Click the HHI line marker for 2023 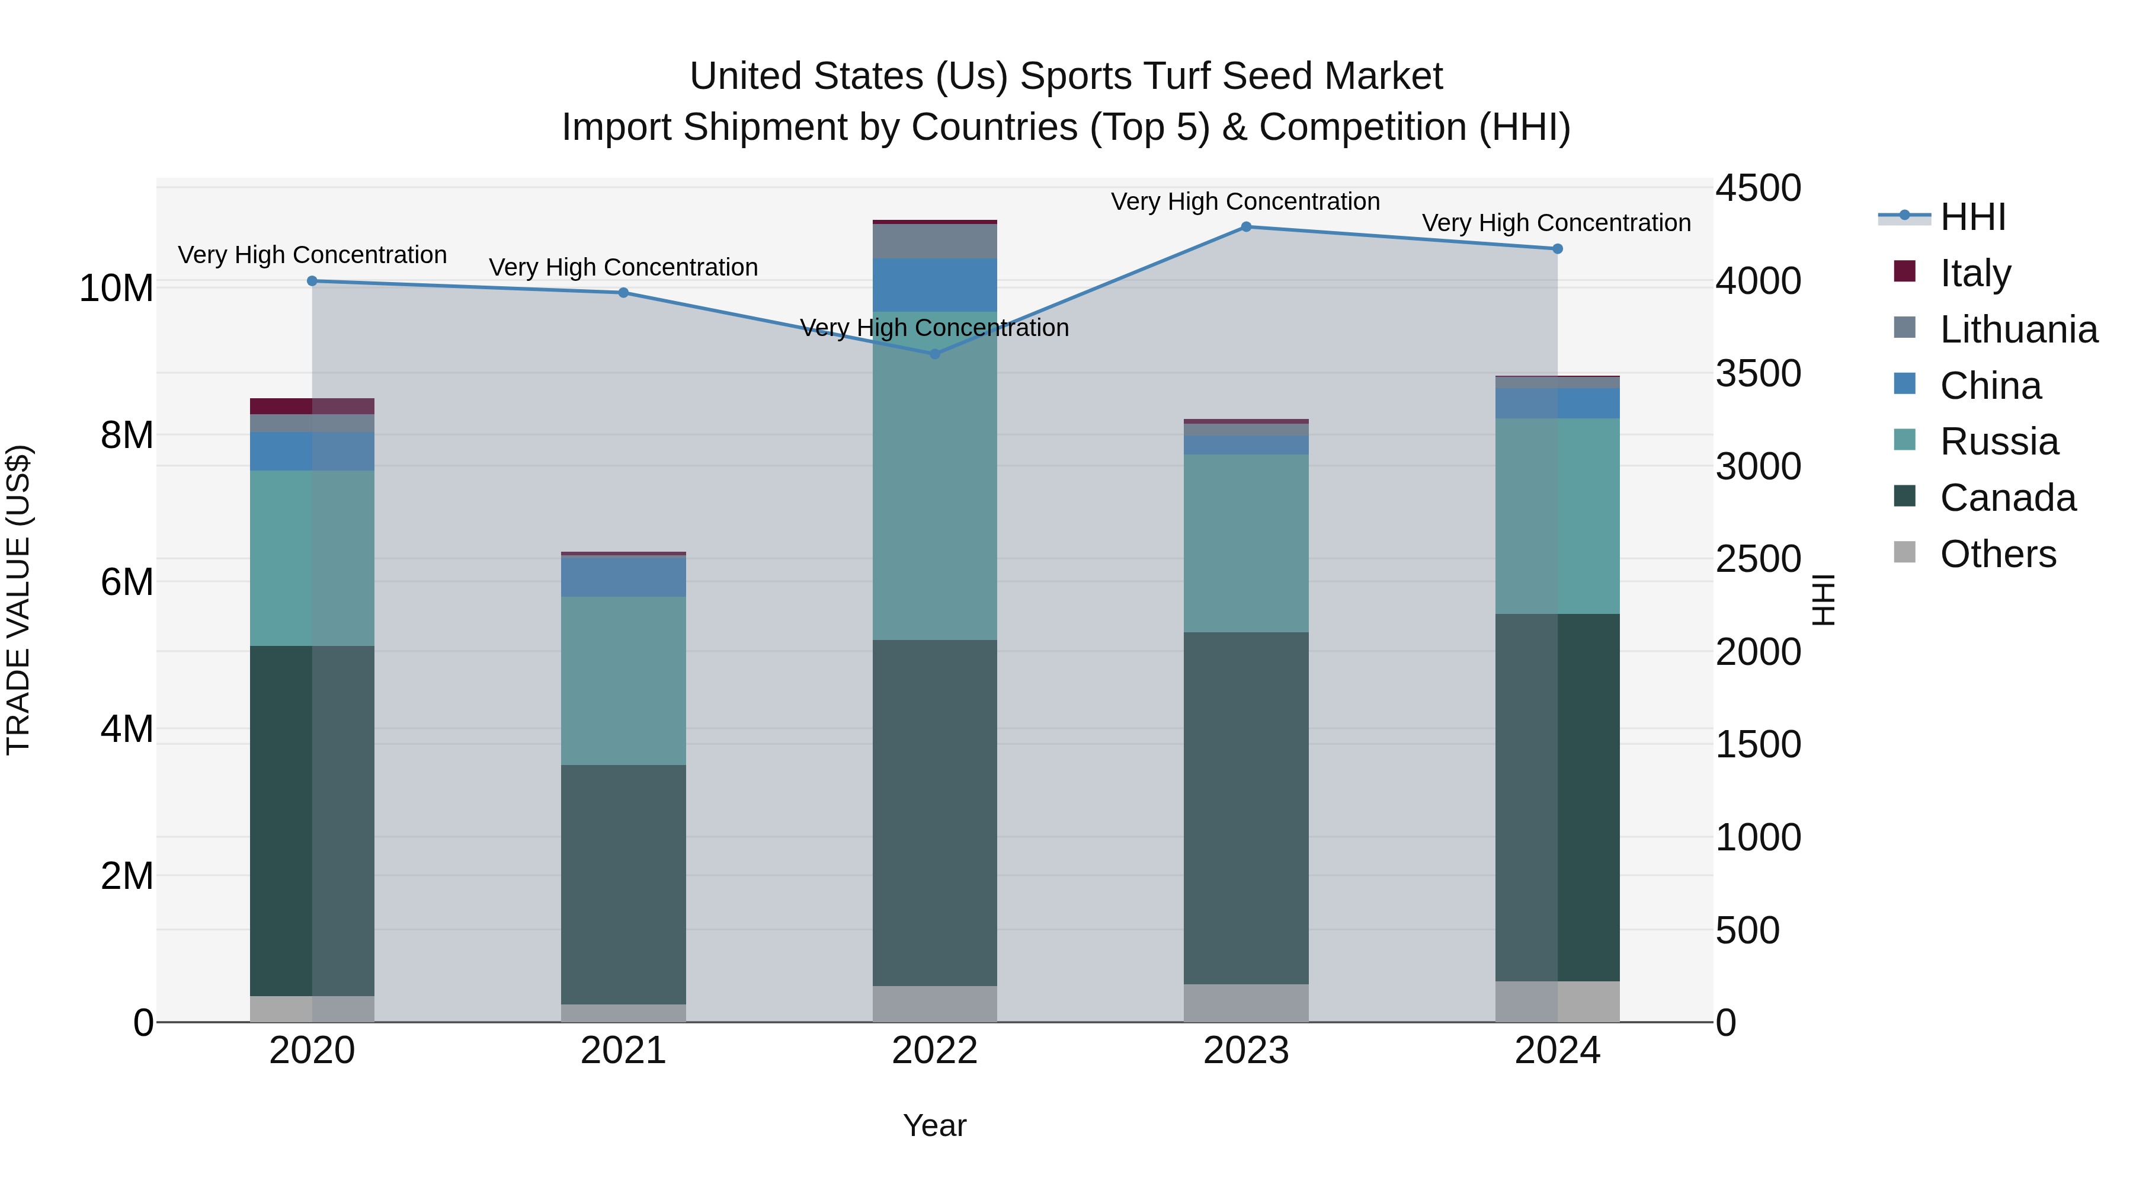[1245, 227]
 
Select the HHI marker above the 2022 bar [935, 354]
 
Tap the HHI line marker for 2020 [312, 281]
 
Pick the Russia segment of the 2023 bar [1245, 543]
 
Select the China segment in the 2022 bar [935, 285]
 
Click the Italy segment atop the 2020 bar [312, 406]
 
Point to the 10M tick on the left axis [116, 288]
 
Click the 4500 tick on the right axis [1757, 188]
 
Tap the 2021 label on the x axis [623, 1051]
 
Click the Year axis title [935, 1125]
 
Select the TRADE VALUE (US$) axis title [18, 600]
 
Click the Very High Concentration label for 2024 [1556, 223]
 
